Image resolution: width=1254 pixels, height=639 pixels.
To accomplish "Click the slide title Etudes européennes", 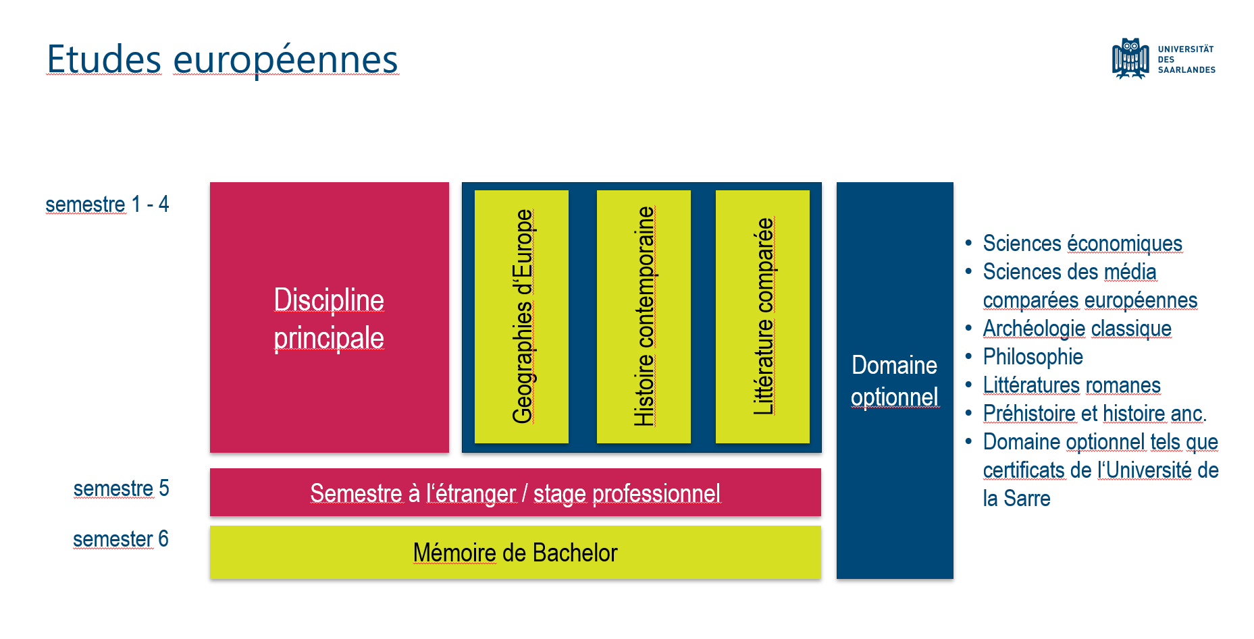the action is point(222,59).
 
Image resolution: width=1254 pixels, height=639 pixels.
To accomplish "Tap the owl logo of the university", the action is point(1130,59).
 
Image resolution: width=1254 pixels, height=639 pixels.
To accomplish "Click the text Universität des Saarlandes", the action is point(1186,59).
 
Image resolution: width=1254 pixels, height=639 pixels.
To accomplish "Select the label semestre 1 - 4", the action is point(107,204).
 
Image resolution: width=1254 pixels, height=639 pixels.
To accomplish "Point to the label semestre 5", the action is point(121,488).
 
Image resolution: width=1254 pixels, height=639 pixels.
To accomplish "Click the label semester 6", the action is point(120,539).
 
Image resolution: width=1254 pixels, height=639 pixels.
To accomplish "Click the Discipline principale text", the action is point(329,318).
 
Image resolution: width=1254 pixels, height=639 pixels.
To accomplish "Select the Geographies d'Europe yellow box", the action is point(521,316).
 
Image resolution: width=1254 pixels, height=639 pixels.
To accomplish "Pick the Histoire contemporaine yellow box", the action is point(644,316).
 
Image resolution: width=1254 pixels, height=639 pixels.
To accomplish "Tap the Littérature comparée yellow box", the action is point(762,316).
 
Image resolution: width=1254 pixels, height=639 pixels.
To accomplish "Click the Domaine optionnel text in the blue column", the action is point(894,381).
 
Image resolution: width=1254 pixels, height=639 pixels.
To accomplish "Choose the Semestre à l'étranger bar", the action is point(515,493).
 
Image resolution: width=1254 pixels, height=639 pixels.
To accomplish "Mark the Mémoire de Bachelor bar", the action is point(515,553).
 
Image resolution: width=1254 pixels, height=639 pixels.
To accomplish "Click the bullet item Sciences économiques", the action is point(1082,244).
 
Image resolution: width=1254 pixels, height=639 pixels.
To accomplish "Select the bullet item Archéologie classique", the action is point(1077,329).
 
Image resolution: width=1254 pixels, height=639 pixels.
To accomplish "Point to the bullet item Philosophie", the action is point(1033,357).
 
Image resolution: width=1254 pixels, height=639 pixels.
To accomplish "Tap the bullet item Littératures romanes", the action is point(1072,385).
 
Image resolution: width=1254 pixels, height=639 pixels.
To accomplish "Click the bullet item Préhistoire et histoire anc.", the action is point(1095,414).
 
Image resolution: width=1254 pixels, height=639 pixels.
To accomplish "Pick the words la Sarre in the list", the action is point(1016,499).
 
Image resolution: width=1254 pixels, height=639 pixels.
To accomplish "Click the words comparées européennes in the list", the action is point(1090,300).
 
